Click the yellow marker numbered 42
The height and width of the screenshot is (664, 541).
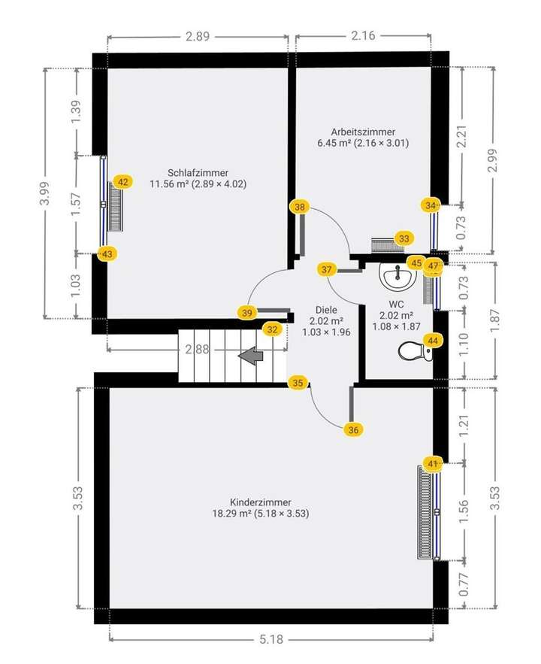point(123,181)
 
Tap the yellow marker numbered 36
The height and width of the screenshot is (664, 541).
point(354,429)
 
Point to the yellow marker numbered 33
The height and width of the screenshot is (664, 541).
point(404,238)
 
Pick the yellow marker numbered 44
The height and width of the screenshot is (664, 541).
point(432,340)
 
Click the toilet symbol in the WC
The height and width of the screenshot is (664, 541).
point(414,351)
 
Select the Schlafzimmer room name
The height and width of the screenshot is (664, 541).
point(198,172)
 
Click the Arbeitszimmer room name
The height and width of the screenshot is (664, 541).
point(363,131)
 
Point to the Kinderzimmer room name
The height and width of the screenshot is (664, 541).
point(261,502)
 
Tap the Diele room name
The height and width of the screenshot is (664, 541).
point(326,309)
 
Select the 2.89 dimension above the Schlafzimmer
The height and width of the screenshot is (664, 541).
point(197,35)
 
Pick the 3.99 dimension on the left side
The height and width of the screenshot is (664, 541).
point(46,195)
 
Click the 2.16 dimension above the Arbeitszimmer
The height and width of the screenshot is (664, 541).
point(363,35)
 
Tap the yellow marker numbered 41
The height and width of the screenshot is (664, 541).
point(432,464)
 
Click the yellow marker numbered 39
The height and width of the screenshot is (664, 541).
point(247,312)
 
